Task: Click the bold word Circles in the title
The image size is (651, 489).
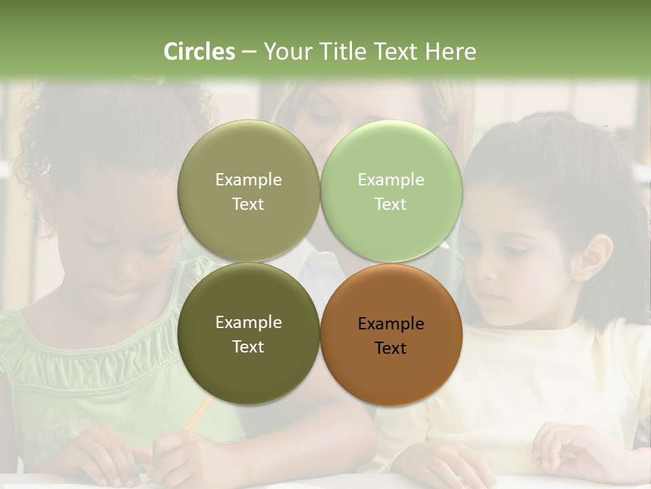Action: pyautogui.click(x=199, y=52)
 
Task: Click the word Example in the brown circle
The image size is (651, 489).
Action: pyautogui.click(x=391, y=324)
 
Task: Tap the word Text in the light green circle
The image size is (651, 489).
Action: pyautogui.click(x=391, y=204)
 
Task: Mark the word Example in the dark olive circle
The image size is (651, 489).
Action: pyautogui.click(x=248, y=323)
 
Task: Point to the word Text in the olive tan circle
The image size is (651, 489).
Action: pyautogui.click(x=248, y=204)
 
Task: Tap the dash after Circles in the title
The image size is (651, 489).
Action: pyautogui.click(x=248, y=52)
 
